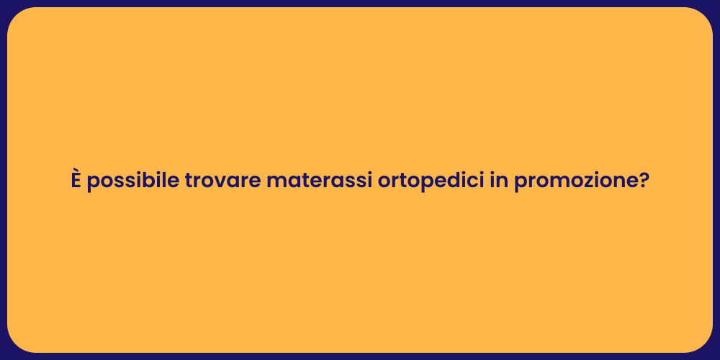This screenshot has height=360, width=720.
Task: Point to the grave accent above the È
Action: (75, 170)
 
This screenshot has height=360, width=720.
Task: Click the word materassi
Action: (319, 181)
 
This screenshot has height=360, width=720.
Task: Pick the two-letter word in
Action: (498, 181)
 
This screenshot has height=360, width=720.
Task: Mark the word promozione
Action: (571, 181)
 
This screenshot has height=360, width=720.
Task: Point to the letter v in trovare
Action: (227, 182)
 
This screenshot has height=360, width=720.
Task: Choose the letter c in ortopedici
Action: (471, 182)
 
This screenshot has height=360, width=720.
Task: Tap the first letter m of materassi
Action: (275, 182)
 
